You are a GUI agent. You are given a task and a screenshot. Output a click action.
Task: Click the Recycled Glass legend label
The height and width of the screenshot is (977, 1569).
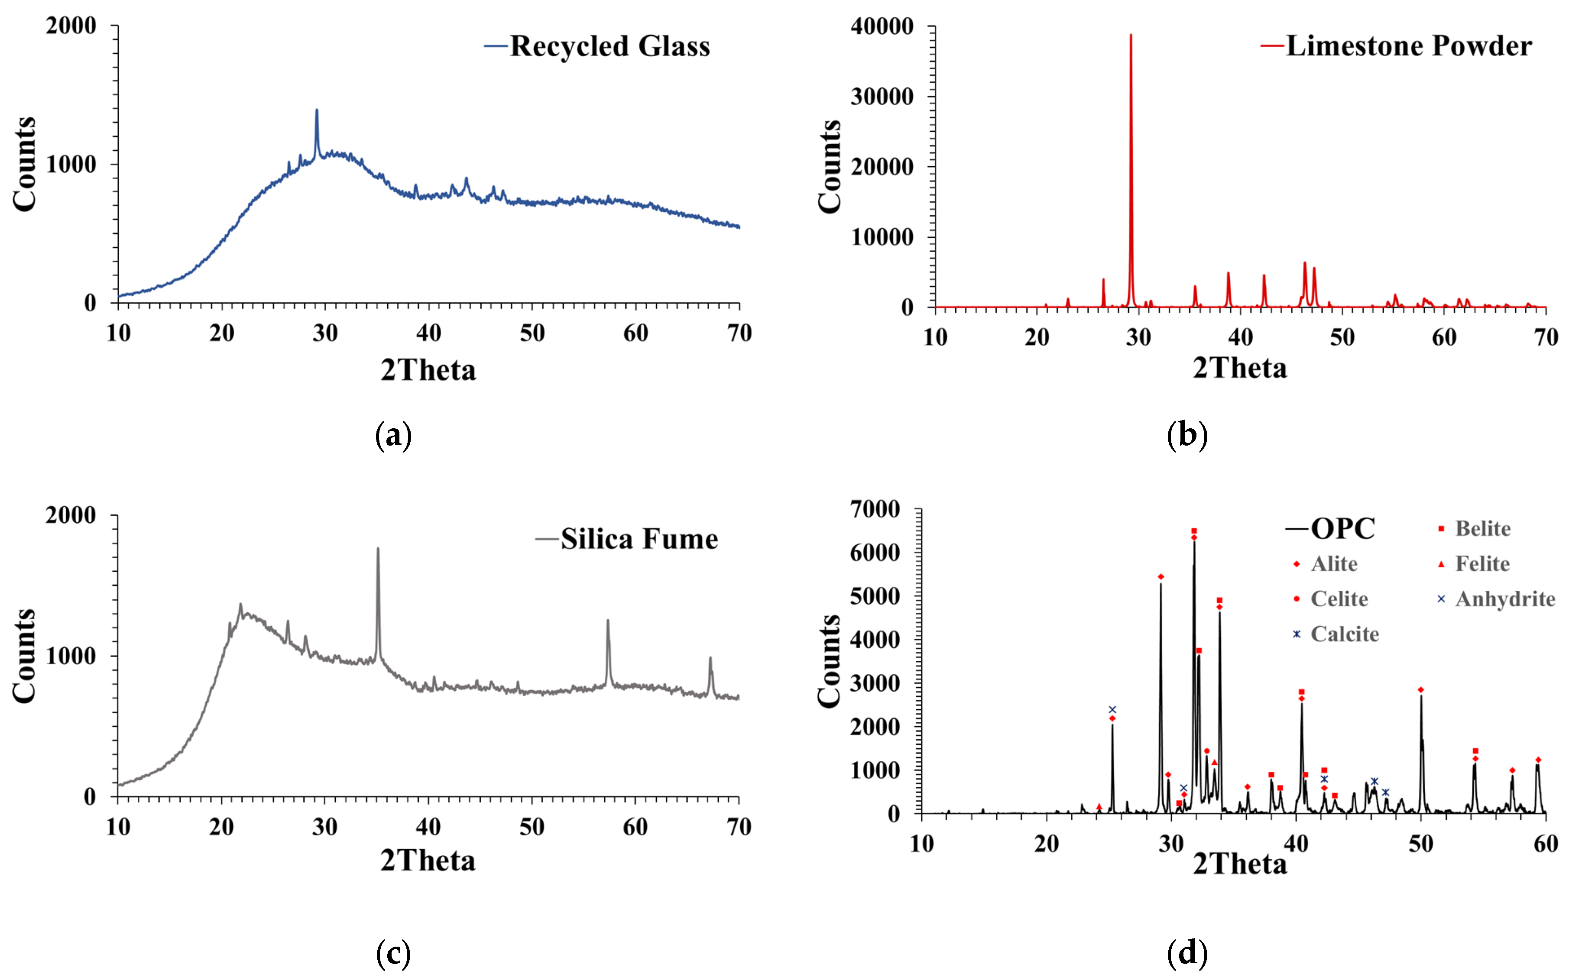click(609, 46)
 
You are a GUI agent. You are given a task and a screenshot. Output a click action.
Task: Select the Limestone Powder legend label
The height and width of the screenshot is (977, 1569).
click(1409, 46)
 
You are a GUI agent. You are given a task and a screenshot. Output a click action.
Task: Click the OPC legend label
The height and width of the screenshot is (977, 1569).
click(1343, 529)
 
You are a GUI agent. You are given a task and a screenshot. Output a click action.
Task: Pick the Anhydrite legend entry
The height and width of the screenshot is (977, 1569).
click(1504, 599)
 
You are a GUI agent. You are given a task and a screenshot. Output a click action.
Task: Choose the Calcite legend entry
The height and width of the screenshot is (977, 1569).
click(1344, 634)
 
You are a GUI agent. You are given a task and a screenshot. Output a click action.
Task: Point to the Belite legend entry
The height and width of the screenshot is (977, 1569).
click(1482, 529)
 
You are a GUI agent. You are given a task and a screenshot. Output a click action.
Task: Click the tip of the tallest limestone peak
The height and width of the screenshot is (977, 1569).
click(1131, 36)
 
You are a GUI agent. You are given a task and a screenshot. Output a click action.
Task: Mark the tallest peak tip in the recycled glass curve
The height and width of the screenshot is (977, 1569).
click(317, 110)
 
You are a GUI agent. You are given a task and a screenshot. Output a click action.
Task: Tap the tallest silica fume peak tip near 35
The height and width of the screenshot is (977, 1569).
click(378, 549)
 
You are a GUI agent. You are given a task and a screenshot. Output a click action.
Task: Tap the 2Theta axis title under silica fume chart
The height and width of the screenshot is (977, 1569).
click(428, 861)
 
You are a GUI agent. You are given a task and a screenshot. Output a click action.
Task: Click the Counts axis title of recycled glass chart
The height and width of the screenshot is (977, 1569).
click(25, 164)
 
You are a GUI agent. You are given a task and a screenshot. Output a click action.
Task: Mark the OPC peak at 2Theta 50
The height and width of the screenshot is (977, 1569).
click(1421, 696)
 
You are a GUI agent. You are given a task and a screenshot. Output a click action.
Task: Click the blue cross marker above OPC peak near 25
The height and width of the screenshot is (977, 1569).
click(1112, 709)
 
